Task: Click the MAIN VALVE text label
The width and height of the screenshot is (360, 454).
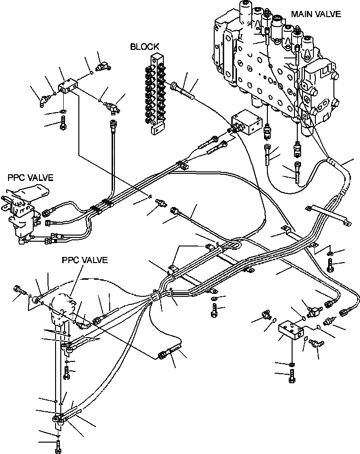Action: click(315, 14)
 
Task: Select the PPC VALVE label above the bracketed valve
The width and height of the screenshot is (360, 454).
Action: click(30, 178)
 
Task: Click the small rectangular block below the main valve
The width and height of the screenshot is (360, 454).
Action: click(246, 123)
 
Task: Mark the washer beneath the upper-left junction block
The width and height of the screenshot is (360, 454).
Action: click(63, 113)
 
